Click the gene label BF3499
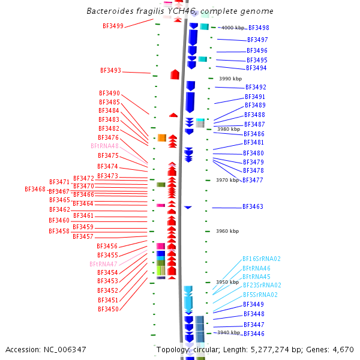point(113,26)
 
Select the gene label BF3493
point(110,70)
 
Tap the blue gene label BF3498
point(258,28)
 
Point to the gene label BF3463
point(253,206)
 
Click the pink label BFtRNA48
point(104,146)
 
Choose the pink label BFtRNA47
point(103,264)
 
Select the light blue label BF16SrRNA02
point(262,259)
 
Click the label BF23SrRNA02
point(262,286)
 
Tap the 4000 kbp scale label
point(233,28)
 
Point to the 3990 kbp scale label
point(230,79)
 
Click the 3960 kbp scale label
point(227,231)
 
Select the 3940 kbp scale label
point(228,332)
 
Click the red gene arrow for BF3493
point(175,74)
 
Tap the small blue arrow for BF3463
point(188,207)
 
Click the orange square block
point(161,138)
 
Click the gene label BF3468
point(35,189)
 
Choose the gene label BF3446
point(253,334)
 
